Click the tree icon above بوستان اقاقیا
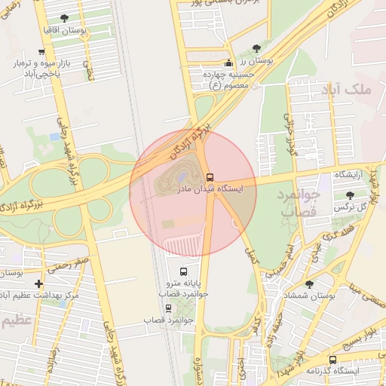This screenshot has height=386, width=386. pyautogui.click(x=63, y=17)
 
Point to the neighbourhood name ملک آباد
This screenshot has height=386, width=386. pyautogui.click(x=351, y=90)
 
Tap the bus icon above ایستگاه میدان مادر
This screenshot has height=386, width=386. pyautogui.click(x=210, y=177)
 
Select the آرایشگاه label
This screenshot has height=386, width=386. pyautogui.click(x=350, y=175)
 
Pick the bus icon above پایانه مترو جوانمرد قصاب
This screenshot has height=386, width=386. pyautogui.click(x=182, y=271)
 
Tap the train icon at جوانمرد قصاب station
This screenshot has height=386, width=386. pyautogui.click(x=167, y=308)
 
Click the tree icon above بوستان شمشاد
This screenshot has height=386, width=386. pyautogui.click(x=309, y=283)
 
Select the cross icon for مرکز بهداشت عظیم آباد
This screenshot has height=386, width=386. pyautogui.click(x=39, y=283)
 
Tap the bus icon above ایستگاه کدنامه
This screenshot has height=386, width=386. pyautogui.click(x=332, y=360)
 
